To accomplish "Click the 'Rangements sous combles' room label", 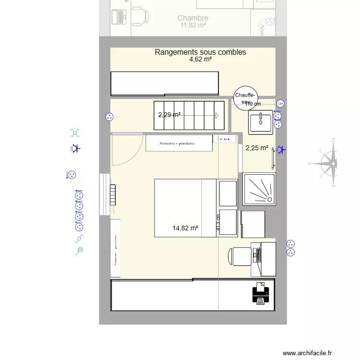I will (x=200, y=52).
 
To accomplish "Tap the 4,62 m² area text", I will (x=200, y=60).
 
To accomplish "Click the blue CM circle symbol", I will (x=280, y=103).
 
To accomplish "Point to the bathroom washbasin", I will (x=261, y=121).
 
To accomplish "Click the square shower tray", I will (x=259, y=188).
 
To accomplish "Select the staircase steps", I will (x=189, y=115).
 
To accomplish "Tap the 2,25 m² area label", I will (x=257, y=148).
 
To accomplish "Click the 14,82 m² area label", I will (x=185, y=228).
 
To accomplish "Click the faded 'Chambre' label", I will (x=192, y=18).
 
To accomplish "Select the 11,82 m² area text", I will (x=192, y=25).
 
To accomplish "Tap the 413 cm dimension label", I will (x=218, y=222).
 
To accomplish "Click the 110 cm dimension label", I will (x=253, y=104).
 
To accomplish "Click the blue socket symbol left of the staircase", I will (x=109, y=116).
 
